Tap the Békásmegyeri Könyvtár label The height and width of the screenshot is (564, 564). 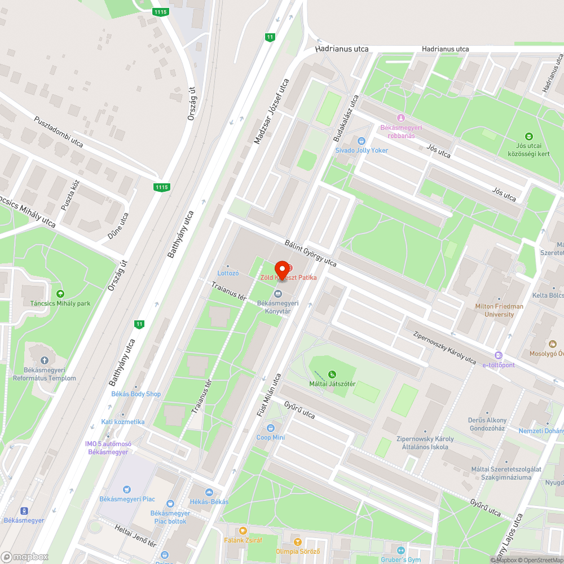[x=277, y=306]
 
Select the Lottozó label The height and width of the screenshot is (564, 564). [x=228, y=273]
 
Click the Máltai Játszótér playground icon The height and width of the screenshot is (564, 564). [x=332, y=374]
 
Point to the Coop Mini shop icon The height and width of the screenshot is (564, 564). [x=271, y=428]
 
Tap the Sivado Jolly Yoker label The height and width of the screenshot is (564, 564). [x=362, y=151]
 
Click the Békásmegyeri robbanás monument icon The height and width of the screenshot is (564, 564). [x=401, y=117]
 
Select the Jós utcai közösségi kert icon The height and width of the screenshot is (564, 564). [x=528, y=136]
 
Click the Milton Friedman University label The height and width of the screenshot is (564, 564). [x=499, y=310]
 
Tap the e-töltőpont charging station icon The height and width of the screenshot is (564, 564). [x=498, y=355]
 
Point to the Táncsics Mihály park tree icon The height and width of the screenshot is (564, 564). [x=60, y=293]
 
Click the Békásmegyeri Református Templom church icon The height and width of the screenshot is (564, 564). [x=45, y=360]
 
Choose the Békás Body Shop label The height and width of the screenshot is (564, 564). [x=136, y=394]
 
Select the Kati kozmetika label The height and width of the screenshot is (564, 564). [x=123, y=422]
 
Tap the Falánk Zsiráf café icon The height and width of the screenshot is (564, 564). [x=243, y=531]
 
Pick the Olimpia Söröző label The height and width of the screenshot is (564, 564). [x=298, y=551]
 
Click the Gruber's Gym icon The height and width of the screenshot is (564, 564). [x=401, y=550]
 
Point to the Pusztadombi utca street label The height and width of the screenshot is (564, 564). [x=59, y=132]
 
